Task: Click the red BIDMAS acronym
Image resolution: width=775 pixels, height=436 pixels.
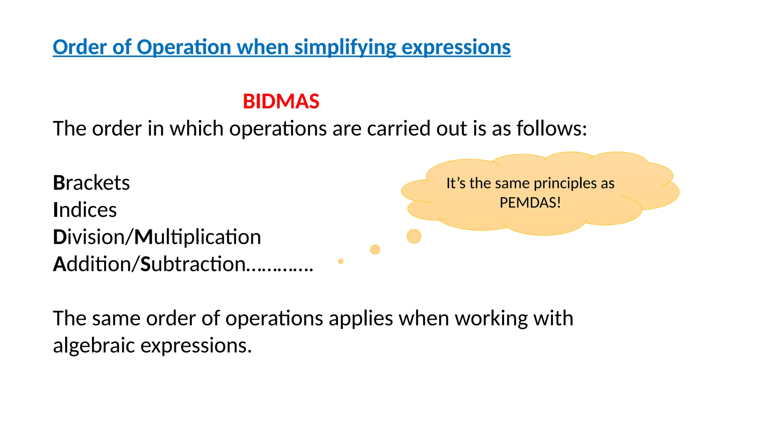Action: click(281, 101)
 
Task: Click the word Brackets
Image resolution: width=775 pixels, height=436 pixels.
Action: click(91, 183)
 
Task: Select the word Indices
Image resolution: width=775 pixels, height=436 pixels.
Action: click(85, 210)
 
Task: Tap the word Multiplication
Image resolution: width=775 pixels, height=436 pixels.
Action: click(198, 237)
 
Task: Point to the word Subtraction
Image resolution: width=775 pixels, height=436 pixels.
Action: click(193, 264)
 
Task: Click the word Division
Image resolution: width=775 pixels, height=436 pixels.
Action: click(89, 237)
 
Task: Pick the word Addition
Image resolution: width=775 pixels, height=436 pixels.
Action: click(92, 264)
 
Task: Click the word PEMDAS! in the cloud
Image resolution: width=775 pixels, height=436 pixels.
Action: click(530, 203)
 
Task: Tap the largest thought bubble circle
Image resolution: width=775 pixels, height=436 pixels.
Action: click(414, 236)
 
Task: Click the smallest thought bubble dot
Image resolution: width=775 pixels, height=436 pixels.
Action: click(341, 261)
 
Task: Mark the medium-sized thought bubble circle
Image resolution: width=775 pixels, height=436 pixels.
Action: click(375, 249)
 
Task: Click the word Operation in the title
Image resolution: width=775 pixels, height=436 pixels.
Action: click(184, 47)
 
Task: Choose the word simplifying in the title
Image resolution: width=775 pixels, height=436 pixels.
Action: click(345, 48)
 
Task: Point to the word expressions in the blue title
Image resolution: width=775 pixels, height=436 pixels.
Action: click(456, 48)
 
